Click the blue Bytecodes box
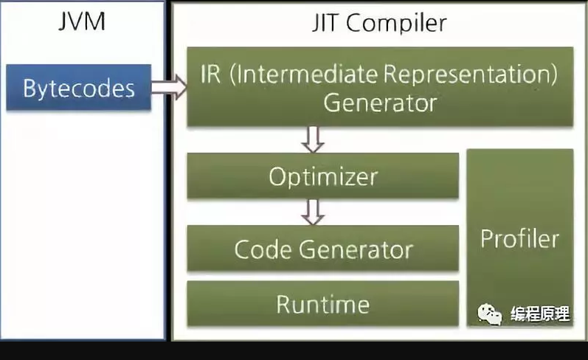pos(79,89)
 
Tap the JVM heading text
pos(81,22)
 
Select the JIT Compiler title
pos(379,23)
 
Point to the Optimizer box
pos(322,177)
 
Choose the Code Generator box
pos(322,249)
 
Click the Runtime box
pos(322,303)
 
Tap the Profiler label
pos(519,238)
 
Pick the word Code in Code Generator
pos(263,249)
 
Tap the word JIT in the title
pos(325,23)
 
